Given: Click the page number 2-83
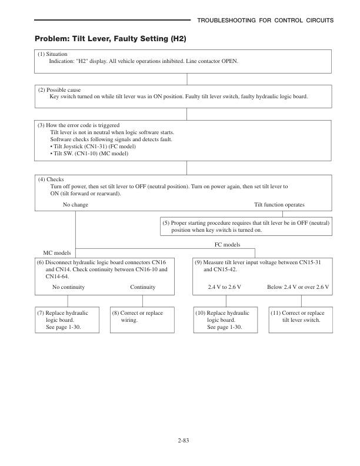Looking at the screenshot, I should [179, 440].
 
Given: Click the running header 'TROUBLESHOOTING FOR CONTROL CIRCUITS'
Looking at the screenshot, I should [265, 21].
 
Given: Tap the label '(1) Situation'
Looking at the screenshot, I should [52, 54].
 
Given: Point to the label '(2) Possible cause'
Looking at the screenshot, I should [59, 89].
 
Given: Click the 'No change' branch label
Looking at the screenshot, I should [75, 204].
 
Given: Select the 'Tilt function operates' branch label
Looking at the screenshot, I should [279, 204].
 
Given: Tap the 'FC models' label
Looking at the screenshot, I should [226, 244].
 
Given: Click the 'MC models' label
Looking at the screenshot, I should [58, 252].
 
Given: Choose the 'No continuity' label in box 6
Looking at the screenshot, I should [68, 287].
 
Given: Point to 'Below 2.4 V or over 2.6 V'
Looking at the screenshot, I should [298, 287].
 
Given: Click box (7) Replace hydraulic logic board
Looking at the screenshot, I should [68, 320].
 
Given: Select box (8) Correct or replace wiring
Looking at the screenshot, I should [143, 317].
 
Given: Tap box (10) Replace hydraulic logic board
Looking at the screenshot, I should [226, 320].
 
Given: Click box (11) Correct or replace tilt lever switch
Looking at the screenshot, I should [301, 317].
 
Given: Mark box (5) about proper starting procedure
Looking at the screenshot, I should [245, 227].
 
